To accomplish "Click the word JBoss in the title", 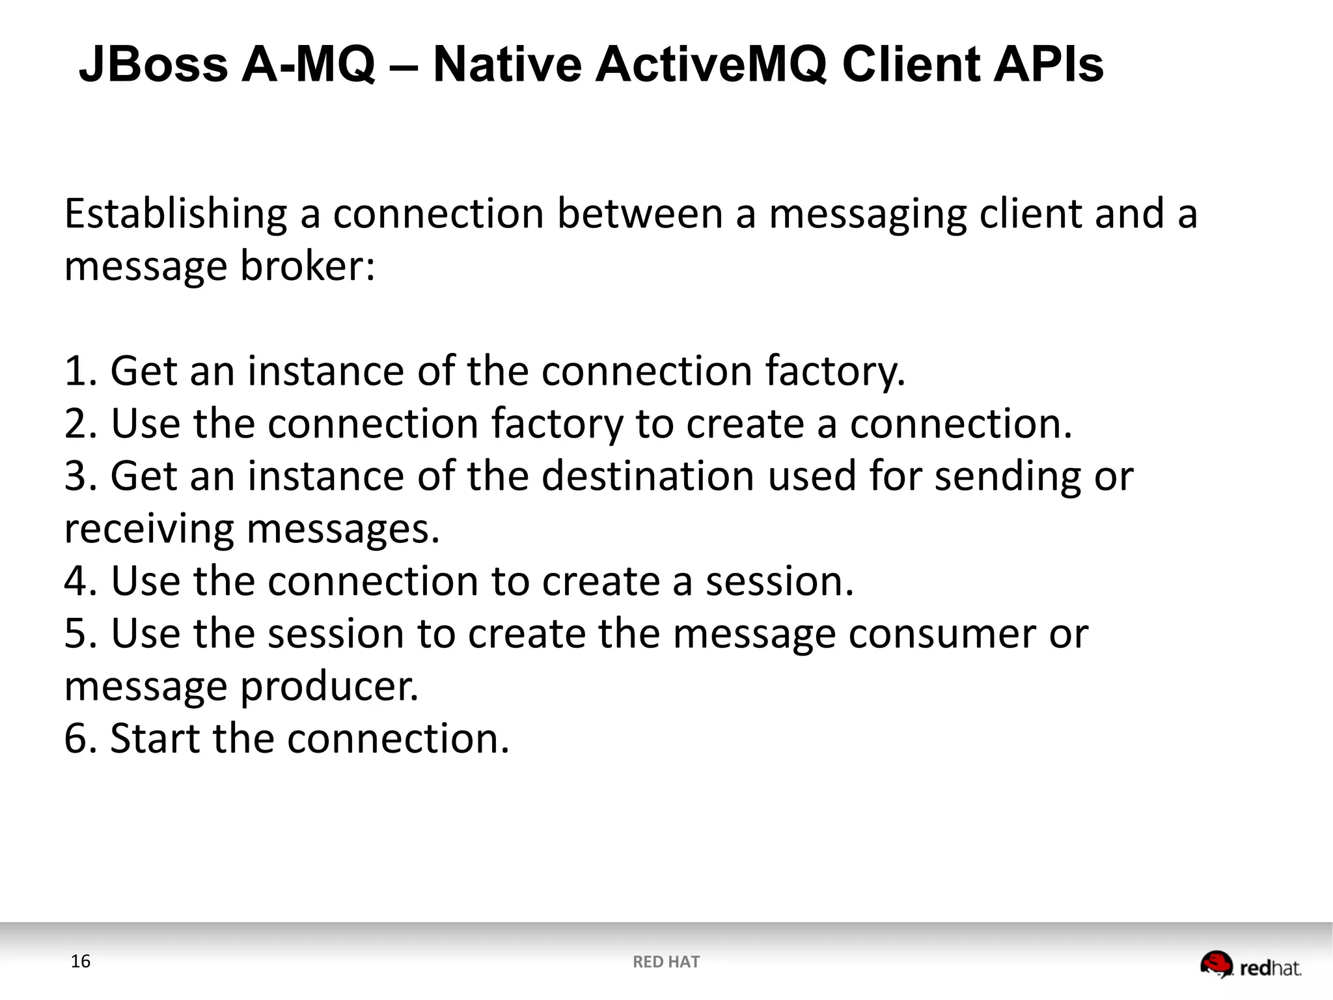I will point(154,65).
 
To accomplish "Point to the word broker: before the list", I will point(308,267).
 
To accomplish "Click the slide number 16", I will point(80,962).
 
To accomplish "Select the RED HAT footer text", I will point(666,962).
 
